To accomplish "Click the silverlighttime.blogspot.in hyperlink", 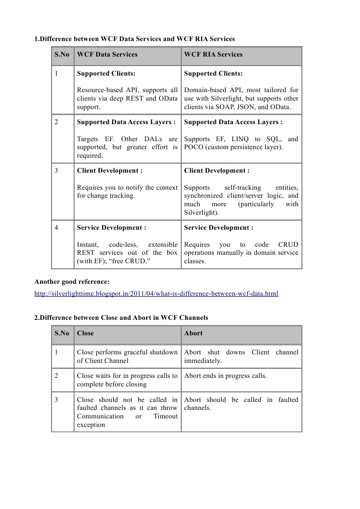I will click(156, 294).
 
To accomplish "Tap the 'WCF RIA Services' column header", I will click(213, 55).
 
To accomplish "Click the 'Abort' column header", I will click(193, 333).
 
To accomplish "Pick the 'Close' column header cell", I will click(85, 333).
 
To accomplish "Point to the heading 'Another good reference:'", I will click(72, 282).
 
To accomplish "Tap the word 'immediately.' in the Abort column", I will click(203, 361).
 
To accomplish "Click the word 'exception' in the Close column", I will click(91, 425).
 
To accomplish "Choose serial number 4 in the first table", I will click(57, 228).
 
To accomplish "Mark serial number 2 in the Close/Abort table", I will click(57, 376).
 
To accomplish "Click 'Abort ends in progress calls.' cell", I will click(225, 376).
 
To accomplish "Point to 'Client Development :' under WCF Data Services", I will click(110, 171).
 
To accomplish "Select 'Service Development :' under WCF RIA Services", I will click(218, 228).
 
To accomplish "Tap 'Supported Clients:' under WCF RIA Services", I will click(213, 74).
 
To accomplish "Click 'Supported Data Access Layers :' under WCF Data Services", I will click(126, 122).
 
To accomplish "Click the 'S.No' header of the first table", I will click(62, 55).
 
